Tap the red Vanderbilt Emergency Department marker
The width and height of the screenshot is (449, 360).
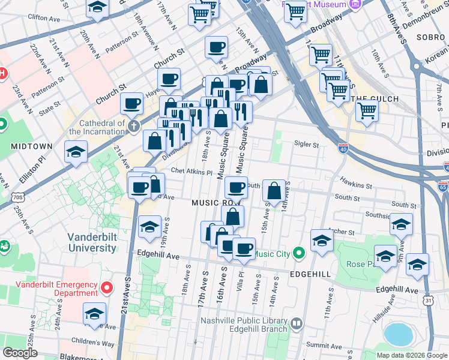(x=107, y=288)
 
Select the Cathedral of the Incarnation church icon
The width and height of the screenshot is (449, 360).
(x=133, y=126)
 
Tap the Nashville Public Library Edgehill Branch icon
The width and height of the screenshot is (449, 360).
(x=296, y=324)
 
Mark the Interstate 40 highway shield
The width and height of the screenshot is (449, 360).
(x=343, y=148)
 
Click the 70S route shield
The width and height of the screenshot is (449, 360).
(x=19, y=196)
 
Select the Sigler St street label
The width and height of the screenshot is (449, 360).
(x=306, y=144)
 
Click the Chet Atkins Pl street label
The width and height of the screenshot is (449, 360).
(x=191, y=172)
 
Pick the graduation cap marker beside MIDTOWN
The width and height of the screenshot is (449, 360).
(x=76, y=152)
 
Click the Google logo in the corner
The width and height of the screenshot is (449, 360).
(x=20, y=353)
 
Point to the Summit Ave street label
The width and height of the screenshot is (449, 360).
(x=324, y=345)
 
